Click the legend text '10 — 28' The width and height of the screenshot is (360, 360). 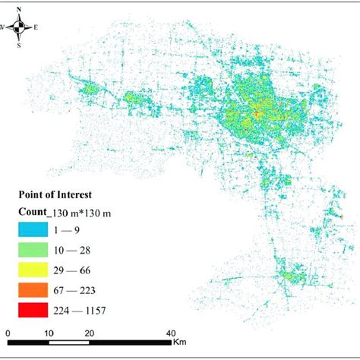(x=78, y=248)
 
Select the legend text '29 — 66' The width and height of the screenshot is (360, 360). (x=78, y=269)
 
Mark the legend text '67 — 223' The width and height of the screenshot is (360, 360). (x=81, y=289)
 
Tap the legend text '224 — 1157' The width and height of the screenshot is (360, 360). (x=87, y=310)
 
